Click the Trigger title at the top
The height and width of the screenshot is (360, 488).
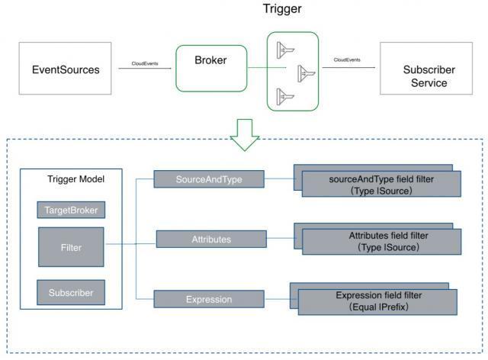(x=282, y=8)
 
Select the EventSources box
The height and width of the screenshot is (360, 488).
(x=65, y=69)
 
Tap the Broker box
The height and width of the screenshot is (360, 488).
(x=211, y=69)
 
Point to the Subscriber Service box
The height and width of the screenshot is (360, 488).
(x=426, y=69)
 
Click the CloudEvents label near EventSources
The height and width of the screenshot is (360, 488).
(x=145, y=63)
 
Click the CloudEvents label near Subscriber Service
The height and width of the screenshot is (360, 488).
(x=347, y=59)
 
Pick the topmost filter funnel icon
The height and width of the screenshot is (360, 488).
(x=285, y=50)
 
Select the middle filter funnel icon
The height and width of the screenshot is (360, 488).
(x=307, y=74)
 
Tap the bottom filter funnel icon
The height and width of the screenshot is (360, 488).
(x=285, y=97)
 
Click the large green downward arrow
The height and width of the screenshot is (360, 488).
(x=245, y=135)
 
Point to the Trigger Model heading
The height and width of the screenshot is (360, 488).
(x=75, y=179)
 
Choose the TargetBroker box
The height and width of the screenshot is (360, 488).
(x=71, y=210)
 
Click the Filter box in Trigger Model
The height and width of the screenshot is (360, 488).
(x=71, y=247)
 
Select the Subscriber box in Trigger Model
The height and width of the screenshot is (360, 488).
(x=71, y=292)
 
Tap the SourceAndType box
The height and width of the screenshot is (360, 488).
(x=209, y=179)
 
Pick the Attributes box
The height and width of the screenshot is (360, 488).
(x=211, y=239)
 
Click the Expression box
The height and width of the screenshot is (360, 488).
(x=209, y=299)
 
